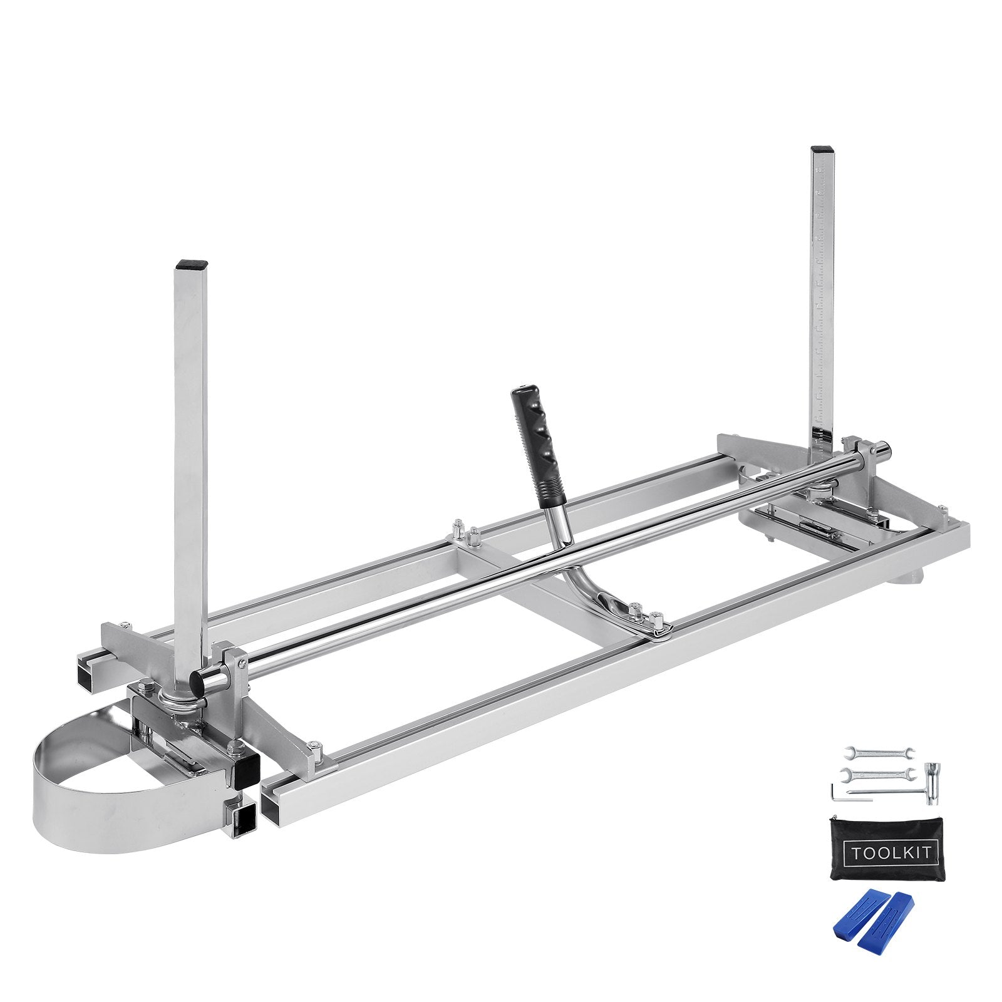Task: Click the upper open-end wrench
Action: (x=878, y=751)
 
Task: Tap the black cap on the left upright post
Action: (x=191, y=265)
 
